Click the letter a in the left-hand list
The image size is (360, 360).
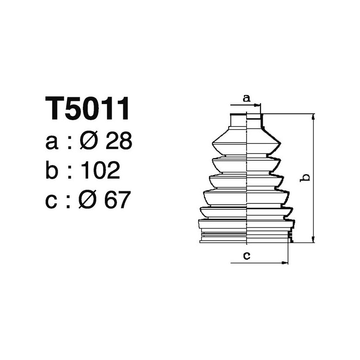(52, 143)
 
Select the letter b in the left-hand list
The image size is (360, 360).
(53, 171)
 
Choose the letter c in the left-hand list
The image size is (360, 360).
(52, 200)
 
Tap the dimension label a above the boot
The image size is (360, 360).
(246, 98)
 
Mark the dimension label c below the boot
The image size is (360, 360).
(247, 256)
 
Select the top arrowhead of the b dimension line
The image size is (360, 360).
(313, 117)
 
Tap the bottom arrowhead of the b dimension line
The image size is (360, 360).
(313, 240)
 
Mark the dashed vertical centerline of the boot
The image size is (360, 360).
(247, 180)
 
